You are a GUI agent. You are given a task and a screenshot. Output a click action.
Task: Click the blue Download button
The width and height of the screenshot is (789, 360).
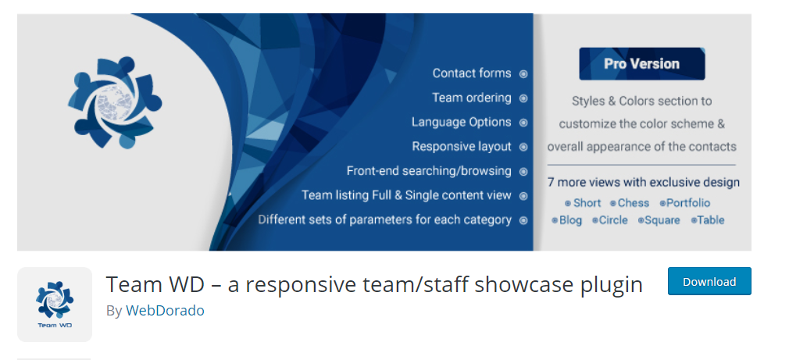[x=709, y=281]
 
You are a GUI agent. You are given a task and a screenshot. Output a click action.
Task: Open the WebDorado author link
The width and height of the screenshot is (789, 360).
[x=165, y=310]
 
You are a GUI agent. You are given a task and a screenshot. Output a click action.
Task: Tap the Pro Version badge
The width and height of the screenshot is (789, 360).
[x=641, y=64]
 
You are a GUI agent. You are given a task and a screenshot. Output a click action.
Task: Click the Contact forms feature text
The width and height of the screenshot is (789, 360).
[x=472, y=73]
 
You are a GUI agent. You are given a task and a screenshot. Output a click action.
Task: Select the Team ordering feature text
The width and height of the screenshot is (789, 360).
[x=471, y=98]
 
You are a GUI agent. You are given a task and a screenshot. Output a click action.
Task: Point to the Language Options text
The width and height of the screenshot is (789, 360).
[x=461, y=122]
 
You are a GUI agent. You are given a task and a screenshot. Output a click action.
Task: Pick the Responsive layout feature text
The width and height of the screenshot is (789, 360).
[x=461, y=146]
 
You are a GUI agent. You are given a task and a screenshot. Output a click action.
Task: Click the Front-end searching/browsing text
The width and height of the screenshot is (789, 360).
[x=429, y=170]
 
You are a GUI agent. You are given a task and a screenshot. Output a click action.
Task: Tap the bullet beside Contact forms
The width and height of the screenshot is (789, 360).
[x=523, y=74]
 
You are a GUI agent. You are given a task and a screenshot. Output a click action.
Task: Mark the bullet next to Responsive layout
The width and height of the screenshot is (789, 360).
[x=523, y=147]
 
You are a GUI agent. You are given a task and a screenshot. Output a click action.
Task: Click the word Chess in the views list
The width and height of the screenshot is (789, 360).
[x=634, y=203]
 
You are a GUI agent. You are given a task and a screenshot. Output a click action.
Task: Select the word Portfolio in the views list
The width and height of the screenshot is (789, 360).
[x=688, y=203]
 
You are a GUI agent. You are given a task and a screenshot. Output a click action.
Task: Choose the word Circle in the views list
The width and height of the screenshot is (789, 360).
[x=613, y=220]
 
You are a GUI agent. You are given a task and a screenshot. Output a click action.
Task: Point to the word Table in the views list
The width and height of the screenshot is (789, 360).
[x=711, y=220]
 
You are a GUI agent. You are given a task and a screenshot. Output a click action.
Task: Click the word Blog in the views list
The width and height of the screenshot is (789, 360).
[x=570, y=220]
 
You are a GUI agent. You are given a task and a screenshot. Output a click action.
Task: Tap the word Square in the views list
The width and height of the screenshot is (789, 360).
[x=662, y=220]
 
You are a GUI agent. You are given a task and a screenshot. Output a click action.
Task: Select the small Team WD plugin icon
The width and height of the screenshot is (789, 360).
[x=55, y=305]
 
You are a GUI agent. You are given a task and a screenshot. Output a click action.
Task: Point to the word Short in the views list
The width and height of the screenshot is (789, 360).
[x=587, y=203]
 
